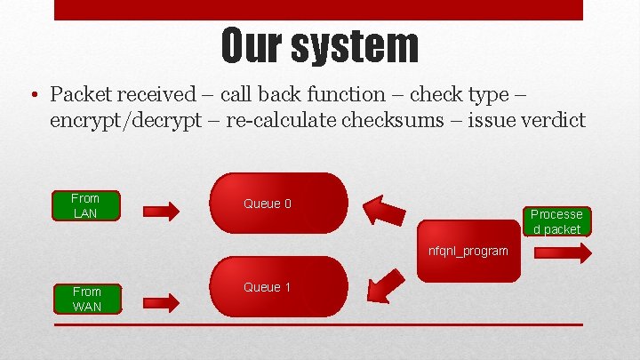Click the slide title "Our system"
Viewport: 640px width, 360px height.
[x=319, y=45]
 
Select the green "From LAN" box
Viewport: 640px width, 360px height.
[x=85, y=205]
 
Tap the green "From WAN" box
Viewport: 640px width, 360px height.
[x=87, y=299]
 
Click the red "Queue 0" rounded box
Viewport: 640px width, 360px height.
[x=280, y=204]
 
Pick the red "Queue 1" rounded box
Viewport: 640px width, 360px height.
[x=280, y=287]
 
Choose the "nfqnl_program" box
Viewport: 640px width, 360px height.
[x=468, y=251]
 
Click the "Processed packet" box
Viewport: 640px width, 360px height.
[x=556, y=221]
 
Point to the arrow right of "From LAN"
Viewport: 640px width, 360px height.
[x=161, y=211]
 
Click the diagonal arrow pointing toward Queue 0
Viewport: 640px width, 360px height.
[x=384, y=210]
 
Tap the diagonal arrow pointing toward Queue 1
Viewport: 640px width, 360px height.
[x=385, y=284]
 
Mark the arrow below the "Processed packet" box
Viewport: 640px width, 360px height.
[x=562, y=252]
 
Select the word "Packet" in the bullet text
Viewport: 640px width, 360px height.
[x=81, y=94]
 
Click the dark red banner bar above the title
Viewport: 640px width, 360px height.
[x=319, y=10]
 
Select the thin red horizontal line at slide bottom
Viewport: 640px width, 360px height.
[x=319, y=324]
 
